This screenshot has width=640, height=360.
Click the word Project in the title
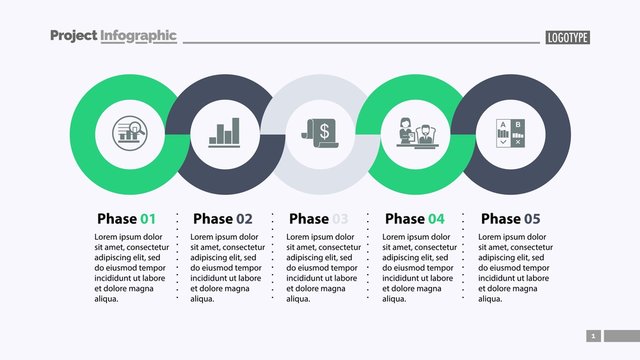point(73,36)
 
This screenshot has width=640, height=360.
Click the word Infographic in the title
point(139,36)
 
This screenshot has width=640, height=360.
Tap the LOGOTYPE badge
point(567,37)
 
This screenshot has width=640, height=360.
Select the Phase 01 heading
point(127,218)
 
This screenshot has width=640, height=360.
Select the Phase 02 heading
point(223,218)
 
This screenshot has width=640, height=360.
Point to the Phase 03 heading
point(319,218)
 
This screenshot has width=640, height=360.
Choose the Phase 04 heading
point(415,218)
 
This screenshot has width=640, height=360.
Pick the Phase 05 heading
point(510,218)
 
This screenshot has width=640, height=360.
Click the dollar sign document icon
point(320,132)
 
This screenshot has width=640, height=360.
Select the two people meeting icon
point(416,133)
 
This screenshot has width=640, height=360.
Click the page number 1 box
point(594,336)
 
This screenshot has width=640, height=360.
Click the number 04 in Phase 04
point(436,218)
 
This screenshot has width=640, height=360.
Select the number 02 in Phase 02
point(244,218)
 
